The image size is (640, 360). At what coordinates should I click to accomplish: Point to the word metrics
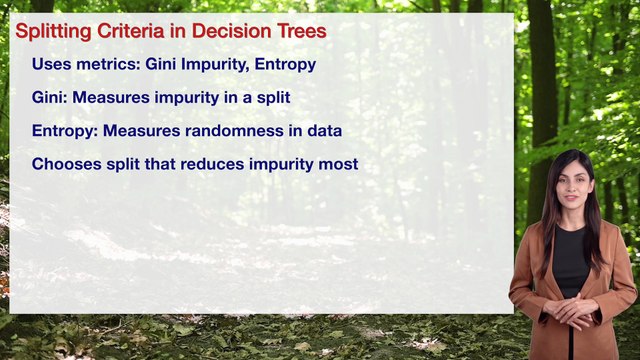(x=105, y=65)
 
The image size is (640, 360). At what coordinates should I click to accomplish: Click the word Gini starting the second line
(x=48, y=98)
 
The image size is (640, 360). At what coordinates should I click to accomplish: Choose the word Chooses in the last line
(x=64, y=163)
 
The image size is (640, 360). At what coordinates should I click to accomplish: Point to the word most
(x=337, y=163)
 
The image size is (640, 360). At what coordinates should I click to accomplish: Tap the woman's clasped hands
(x=572, y=311)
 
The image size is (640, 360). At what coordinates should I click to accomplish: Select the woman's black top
(x=571, y=262)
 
